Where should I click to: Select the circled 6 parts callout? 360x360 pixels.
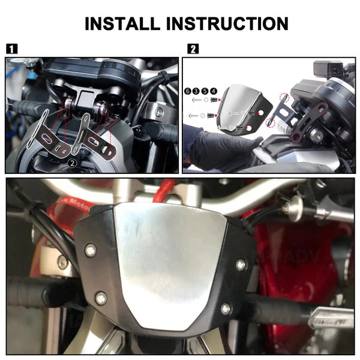coord(188,91)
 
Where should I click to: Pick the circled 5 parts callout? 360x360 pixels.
coord(205,91)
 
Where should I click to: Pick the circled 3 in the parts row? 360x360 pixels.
coord(196,91)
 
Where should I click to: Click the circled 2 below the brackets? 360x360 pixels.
coord(71,163)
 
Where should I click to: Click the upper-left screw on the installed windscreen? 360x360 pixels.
coord(90,250)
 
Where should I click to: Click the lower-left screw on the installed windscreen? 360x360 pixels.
coord(101,297)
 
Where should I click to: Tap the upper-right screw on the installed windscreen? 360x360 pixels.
coord(241,265)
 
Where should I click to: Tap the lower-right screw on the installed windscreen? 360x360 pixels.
coord(226,308)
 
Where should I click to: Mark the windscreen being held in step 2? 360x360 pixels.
coord(243,111)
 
